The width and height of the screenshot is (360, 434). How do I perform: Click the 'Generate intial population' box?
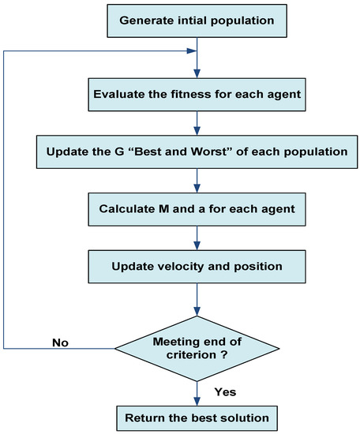196,20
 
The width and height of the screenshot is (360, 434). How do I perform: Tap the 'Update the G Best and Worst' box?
196,149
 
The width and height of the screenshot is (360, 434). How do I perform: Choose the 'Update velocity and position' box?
196,266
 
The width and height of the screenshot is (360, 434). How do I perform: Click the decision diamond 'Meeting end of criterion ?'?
196,346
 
